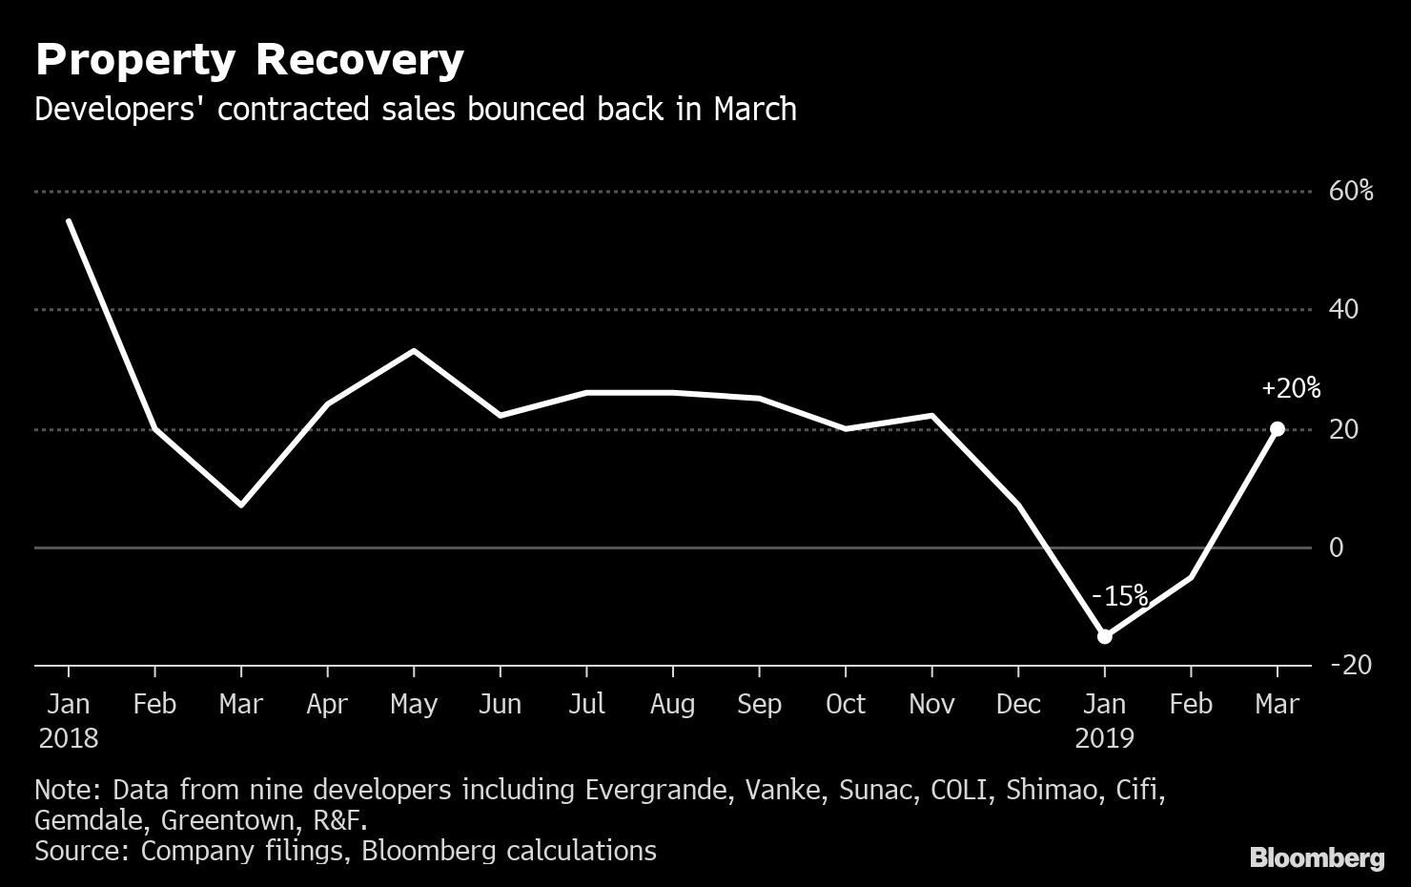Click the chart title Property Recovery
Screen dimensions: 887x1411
pyautogui.click(x=249, y=59)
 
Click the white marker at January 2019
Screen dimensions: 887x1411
pyautogui.click(x=1104, y=636)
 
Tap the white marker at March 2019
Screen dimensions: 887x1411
pyautogui.click(x=1277, y=429)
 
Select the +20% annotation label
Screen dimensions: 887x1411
pyautogui.click(x=1290, y=389)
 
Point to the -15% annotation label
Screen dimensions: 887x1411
pyautogui.click(x=1119, y=597)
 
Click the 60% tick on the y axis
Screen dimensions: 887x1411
pyautogui.click(x=1351, y=192)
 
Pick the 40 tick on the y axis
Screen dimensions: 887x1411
pyautogui.click(x=1343, y=310)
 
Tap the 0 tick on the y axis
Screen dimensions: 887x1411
pyautogui.click(x=1336, y=547)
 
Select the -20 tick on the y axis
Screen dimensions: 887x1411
pyautogui.click(x=1349, y=665)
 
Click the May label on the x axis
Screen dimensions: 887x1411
pyautogui.click(x=414, y=705)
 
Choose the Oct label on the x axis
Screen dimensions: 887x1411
pyautogui.click(x=845, y=705)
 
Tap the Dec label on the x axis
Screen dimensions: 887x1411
pyautogui.click(x=1017, y=705)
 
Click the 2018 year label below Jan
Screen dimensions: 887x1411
pyautogui.click(x=69, y=738)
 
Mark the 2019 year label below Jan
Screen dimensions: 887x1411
pyautogui.click(x=1104, y=738)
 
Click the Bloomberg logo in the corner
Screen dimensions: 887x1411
pyautogui.click(x=1317, y=857)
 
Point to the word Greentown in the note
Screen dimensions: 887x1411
pyautogui.click(x=227, y=820)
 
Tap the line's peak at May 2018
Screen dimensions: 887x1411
pyautogui.click(x=413, y=351)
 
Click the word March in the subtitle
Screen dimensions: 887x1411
pyautogui.click(x=754, y=110)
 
